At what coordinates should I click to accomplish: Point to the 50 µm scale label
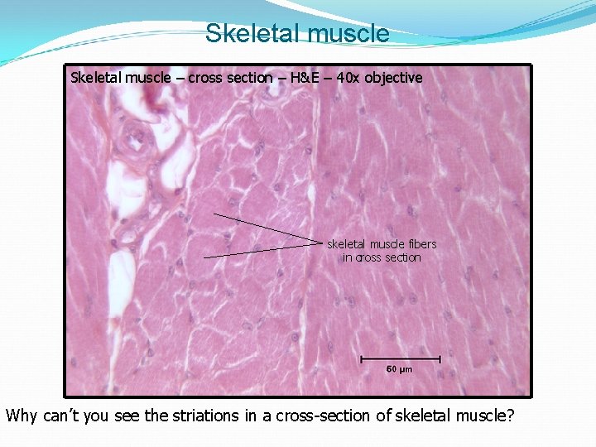point(400,368)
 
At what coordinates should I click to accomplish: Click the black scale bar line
point(400,358)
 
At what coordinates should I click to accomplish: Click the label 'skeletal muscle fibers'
point(382,244)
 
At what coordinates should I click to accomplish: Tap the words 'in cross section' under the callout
point(382,257)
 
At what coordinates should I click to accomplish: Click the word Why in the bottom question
point(21,415)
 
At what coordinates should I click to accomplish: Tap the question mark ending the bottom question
point(509,415)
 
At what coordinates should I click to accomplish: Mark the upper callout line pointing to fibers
point(265,228)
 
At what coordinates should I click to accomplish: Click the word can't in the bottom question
point(62,415)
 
